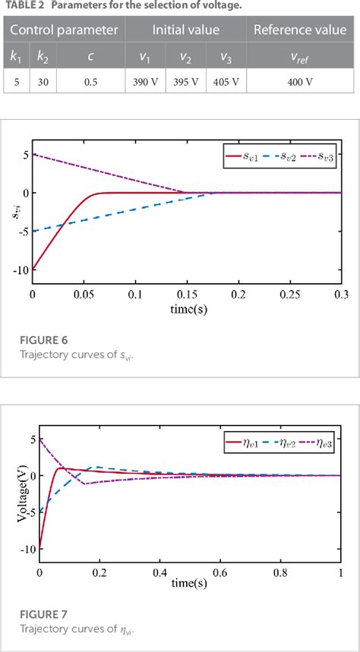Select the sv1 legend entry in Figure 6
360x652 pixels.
(x=243, y=159)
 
